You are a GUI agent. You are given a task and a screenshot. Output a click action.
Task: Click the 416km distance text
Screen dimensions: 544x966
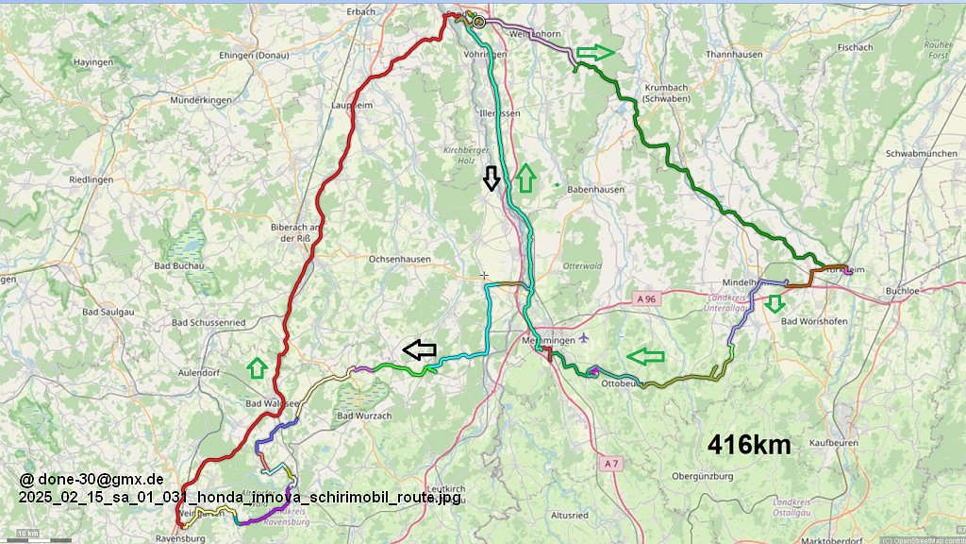pyautogui.click(x=749, y=445)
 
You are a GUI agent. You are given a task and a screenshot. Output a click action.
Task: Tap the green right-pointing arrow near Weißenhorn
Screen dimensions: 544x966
pyautogui.click(x=595, y=52)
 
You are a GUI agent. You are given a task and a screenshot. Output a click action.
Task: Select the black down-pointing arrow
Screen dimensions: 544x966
pyautogui.click(x=491, y=178)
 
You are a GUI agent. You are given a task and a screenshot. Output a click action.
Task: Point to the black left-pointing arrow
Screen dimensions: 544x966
pyautogui.click(x=420, y=349)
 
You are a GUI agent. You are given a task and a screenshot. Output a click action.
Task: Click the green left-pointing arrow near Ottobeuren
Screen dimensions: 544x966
pyautogui.click(x=645, y=356)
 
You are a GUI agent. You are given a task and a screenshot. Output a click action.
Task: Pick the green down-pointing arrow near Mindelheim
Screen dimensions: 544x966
pyautogui.click(x=774, y=303)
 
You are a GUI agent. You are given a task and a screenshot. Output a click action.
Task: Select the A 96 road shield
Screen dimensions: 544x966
pyautogui.click(x=645, y=298)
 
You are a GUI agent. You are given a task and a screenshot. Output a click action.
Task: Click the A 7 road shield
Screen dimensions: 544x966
pyautogui.click(x=610, y=463)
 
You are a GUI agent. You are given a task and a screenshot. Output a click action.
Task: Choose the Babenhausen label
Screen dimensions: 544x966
pyautogui.click(x=596, y=189)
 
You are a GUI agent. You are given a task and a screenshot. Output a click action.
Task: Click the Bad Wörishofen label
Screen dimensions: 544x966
pyautogui.click(x=819, y=321)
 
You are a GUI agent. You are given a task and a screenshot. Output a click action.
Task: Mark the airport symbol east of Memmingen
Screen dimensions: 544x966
pyautogui.click(x=584, y=337)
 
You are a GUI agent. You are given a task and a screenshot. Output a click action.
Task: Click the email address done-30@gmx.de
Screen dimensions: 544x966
pyautogui.click(x=92, y=479)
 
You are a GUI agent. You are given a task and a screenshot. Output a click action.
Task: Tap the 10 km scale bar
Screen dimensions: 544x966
pyautogui.click(x=28, y=535)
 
